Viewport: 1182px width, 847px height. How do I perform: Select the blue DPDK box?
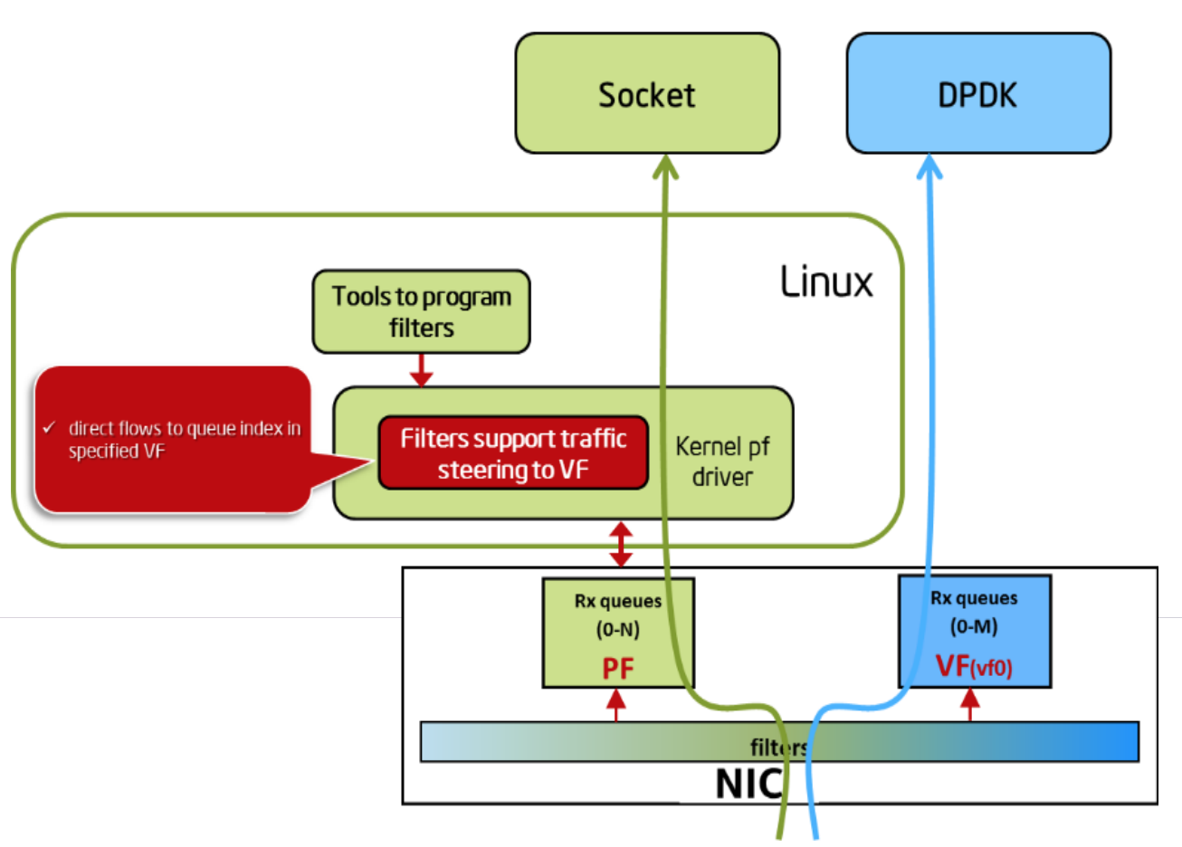click(977, 94)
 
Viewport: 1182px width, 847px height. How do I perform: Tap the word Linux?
click(826, 282)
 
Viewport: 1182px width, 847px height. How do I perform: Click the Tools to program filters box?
click(421, 311)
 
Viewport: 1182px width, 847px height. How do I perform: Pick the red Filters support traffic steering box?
click(513, 453)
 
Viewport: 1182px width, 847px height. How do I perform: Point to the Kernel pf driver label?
click(722, 462)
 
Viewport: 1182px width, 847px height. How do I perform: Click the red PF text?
click(618, 669)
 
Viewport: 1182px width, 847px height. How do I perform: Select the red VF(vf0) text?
click(974, 667)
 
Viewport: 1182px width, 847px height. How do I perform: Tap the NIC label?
click(748, 784)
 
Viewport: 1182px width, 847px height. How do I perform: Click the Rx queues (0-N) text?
click(618, 614)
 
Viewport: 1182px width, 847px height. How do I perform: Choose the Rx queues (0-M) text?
click(974, 612)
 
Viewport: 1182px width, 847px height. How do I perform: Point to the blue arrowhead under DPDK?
click(930, 167)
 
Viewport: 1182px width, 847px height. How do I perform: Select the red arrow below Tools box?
click(421, 370)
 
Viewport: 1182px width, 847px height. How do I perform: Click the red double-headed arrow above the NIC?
click(621, 544)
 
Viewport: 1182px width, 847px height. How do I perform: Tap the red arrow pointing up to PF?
click(616, 705)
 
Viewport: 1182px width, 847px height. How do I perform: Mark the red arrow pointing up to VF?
click(970, 704)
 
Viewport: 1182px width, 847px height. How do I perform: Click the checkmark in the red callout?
click(50, 427)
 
